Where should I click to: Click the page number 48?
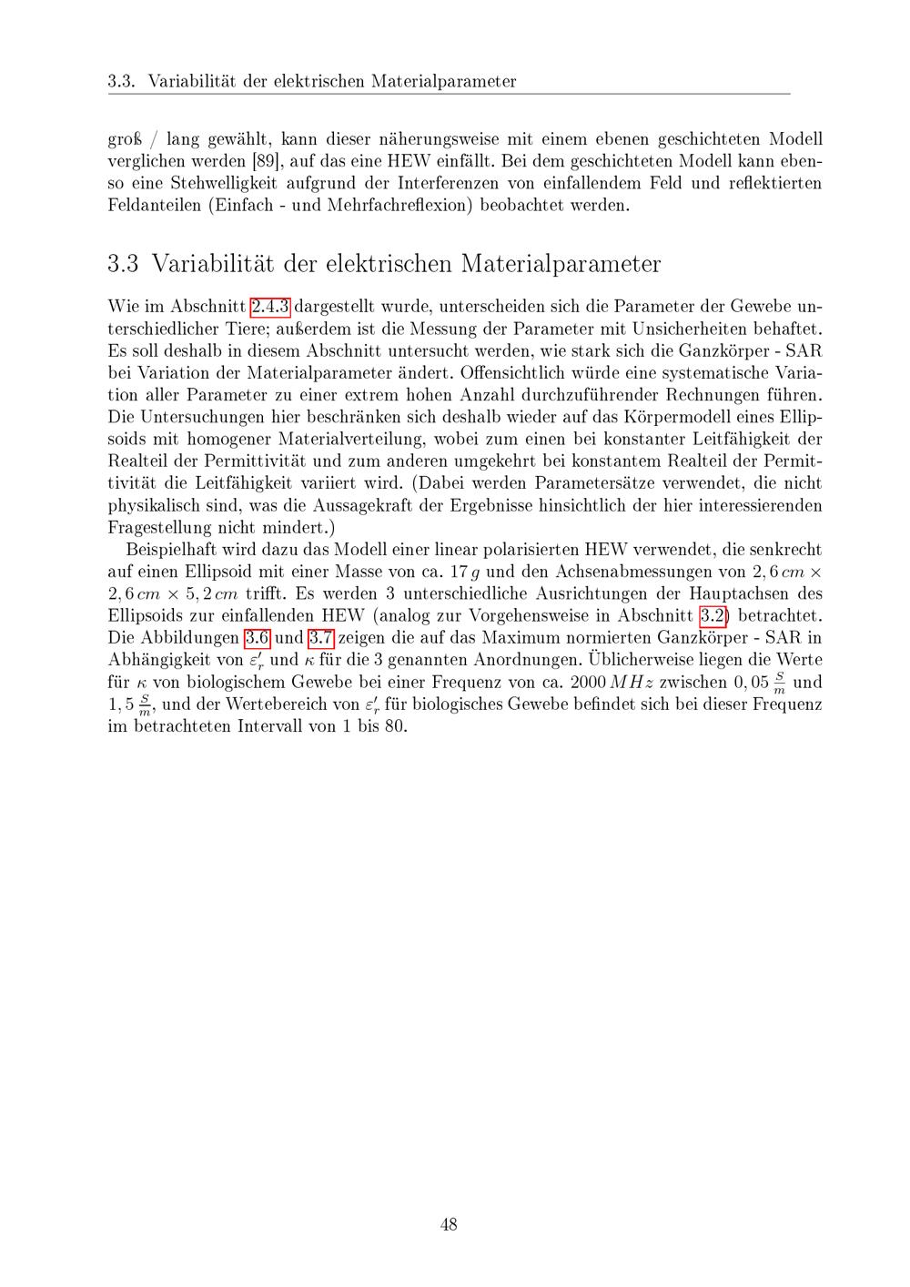click(449, 1224)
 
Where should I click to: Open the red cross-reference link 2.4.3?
click(269, 307)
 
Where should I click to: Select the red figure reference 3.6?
click(263, 638)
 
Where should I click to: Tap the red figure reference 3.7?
click(322, 638)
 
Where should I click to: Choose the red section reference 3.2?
click(713, 616)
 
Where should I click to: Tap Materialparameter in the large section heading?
click(561, 264)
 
